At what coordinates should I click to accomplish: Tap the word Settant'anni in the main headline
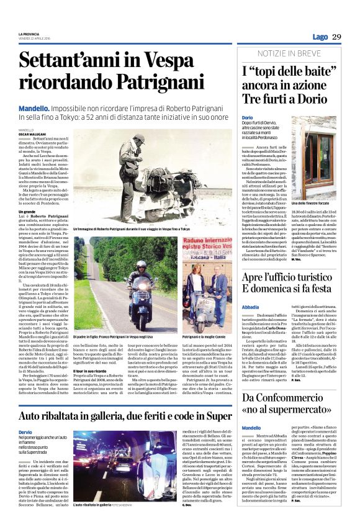tap(68, 63)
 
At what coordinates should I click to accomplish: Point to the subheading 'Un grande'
tap(27, 212)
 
